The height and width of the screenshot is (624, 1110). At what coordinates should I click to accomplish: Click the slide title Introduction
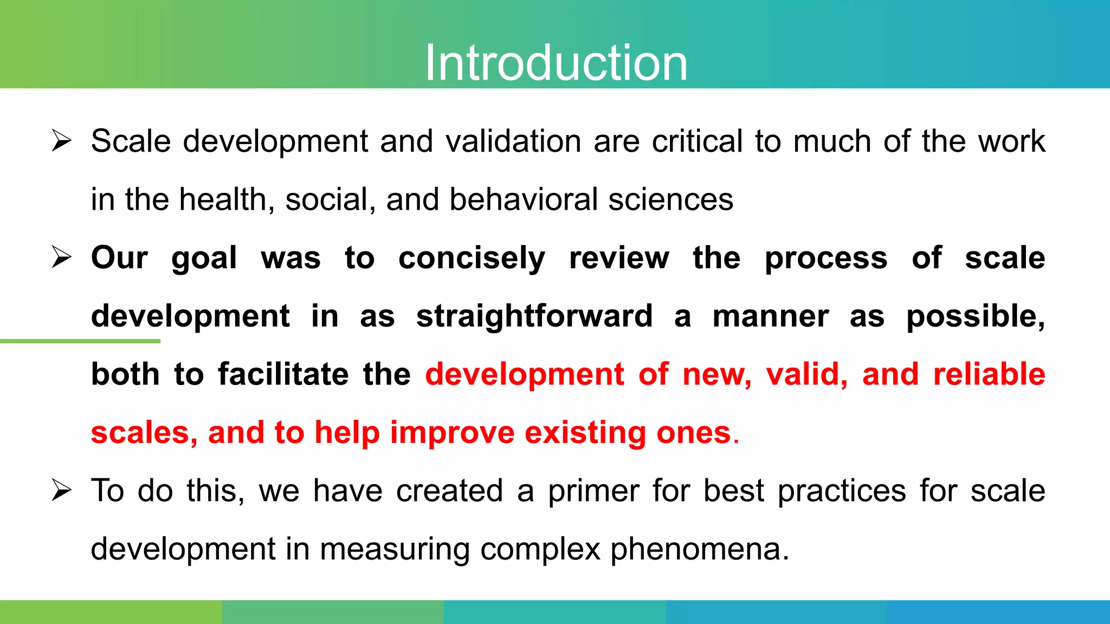(556, 63)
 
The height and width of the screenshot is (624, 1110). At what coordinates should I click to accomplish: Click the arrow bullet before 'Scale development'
(61, 141)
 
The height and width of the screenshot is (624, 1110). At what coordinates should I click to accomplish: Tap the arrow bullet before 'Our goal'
(61, 257)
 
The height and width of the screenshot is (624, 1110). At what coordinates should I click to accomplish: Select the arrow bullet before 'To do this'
(61, 491)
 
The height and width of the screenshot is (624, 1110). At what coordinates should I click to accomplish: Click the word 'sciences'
(670, 200)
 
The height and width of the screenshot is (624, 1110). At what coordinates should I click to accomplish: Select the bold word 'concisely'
(472, 258)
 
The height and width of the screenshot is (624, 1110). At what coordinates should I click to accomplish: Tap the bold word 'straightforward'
(534, 316)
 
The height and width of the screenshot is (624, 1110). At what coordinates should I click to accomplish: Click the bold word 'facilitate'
(283, 374)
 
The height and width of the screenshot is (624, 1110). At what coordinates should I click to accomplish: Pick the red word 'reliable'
(989, 374)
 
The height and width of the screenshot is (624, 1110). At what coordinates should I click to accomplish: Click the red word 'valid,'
(806, 374)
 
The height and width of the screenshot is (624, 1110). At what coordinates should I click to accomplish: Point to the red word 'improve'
(452, 433)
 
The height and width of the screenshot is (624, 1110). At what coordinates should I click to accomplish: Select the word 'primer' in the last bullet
(593, 491)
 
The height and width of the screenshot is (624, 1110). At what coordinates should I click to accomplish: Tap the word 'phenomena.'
(700, 549)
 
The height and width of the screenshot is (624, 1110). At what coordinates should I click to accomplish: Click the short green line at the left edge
(80, 341)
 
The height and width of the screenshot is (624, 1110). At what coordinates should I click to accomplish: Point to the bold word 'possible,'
(976, 316)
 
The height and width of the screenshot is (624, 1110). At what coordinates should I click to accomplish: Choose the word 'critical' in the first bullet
(697, 141)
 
